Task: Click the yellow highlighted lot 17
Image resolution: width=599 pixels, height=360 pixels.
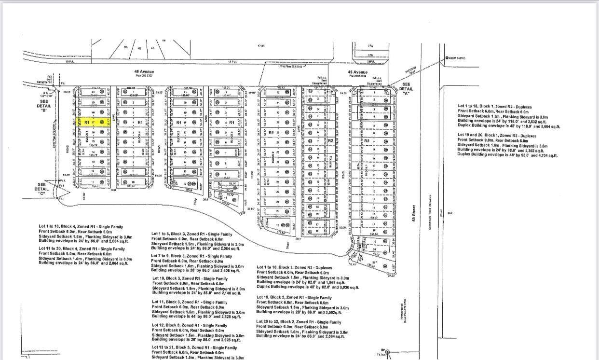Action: point(92,123)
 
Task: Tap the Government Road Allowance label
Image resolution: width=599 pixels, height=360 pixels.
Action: point(430,213)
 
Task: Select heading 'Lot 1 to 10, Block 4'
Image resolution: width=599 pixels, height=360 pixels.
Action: point(81,226)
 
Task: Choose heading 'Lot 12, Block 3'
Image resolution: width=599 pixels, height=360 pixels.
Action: point(190,326)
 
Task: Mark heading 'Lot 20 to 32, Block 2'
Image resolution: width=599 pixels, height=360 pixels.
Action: point(299,322)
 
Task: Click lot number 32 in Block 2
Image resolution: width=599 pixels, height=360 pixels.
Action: point(278,92)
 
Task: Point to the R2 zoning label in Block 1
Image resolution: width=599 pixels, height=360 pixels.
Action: point(367,140)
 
